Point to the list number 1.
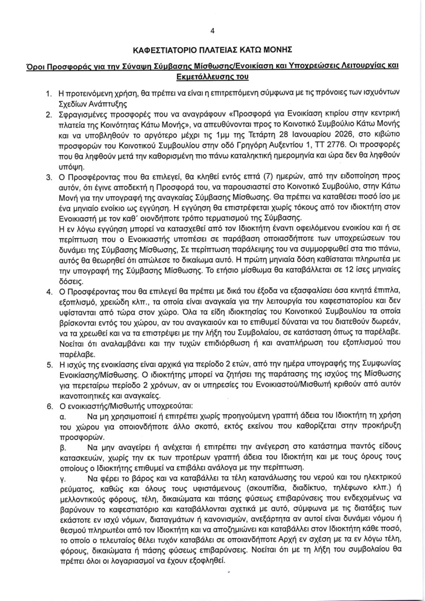[48, 93]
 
